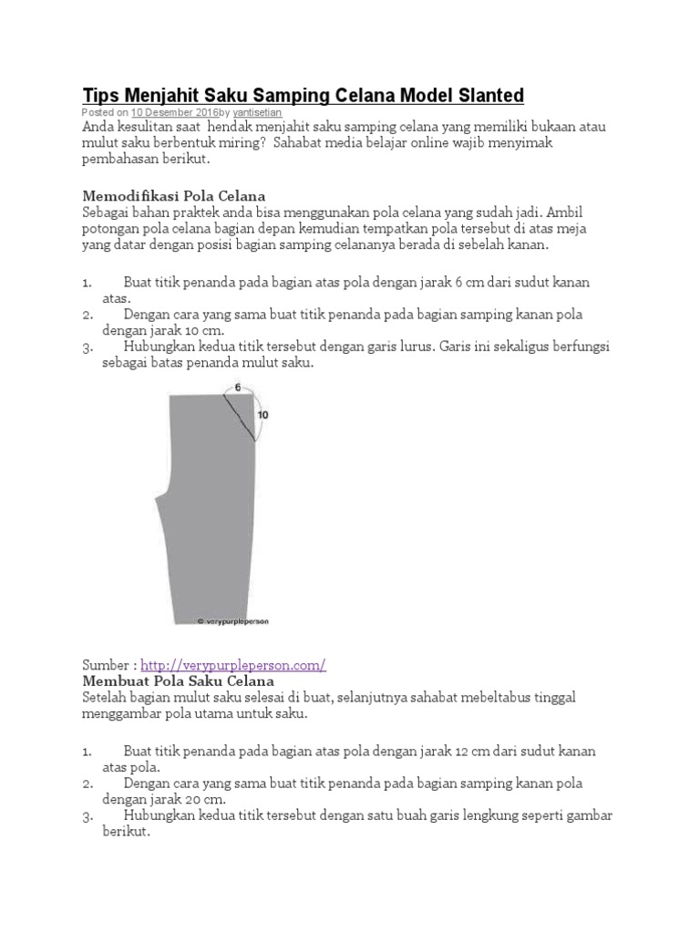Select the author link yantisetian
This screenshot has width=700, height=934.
coord(258,112)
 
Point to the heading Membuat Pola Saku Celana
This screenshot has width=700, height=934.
coord(178,681)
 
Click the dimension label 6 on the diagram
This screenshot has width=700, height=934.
coord(237,388)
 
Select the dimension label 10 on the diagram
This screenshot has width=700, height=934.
coord(264,414)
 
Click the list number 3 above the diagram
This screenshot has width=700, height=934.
coord(87,348)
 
